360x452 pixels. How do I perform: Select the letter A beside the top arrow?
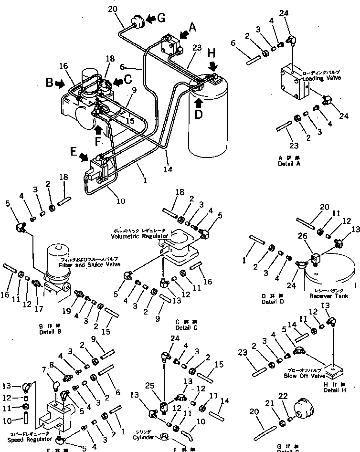click(192, 28)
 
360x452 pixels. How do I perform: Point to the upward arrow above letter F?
click(98, 128)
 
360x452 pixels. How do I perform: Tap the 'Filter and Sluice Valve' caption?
click(89, 264)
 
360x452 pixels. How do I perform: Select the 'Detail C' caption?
click(183, 327)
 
